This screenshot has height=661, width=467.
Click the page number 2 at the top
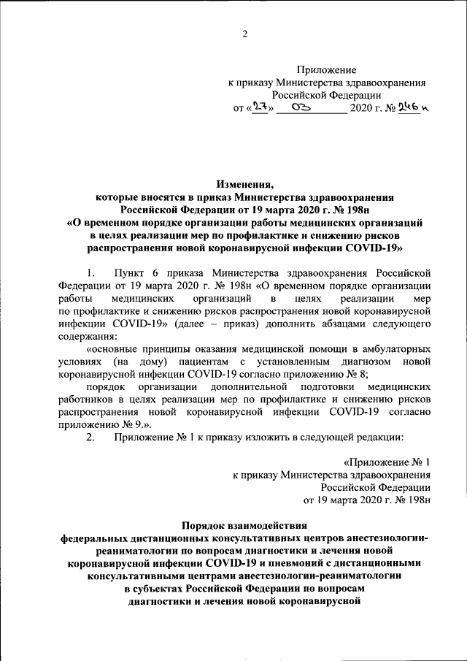point(245,34)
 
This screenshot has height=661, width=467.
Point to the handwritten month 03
point(301,108)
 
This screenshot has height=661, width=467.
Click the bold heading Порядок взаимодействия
point(244,524)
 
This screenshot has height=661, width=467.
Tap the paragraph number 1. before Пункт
point(91,272)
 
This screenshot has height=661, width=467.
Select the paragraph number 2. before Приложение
point(91,437)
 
